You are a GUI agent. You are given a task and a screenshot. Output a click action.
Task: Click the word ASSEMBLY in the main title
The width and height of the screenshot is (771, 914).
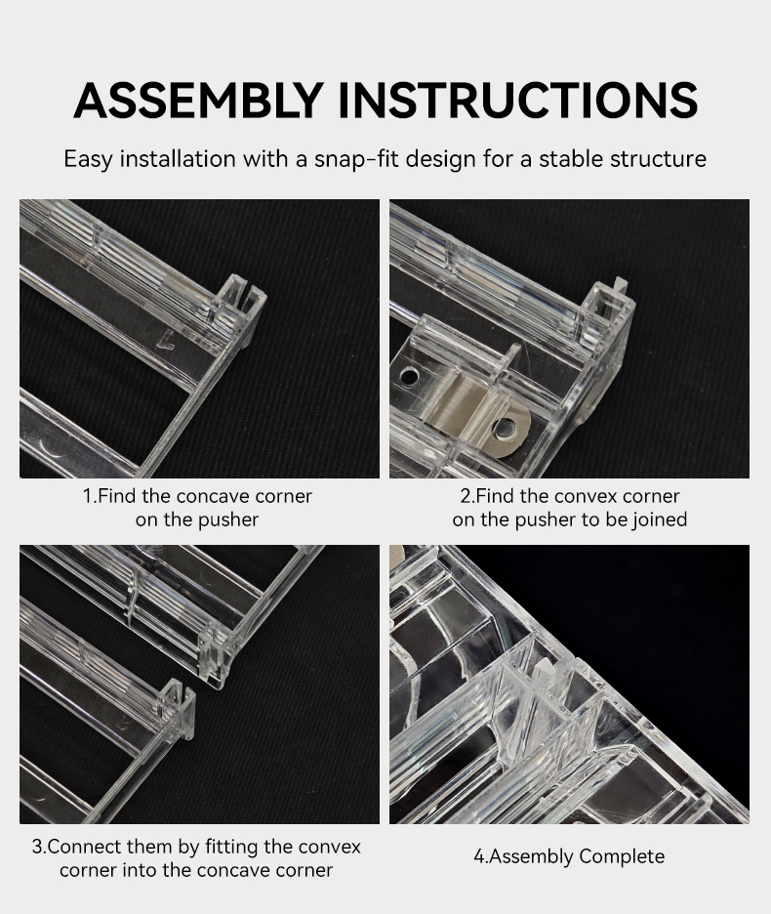pyautogui.click(x=198, y=100)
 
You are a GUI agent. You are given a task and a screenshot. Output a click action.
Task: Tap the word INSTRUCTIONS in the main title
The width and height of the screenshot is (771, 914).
pyautogui.click(x=517, y=100)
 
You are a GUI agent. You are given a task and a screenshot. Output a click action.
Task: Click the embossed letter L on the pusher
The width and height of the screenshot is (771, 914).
pyautogui.click(x=167, y=340)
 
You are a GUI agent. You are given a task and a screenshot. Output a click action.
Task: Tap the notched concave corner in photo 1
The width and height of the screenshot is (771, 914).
pyautogui.click(x=243, y=296)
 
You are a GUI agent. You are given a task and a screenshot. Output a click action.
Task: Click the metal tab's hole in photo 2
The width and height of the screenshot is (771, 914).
pyautogui.click(x=504, y=430)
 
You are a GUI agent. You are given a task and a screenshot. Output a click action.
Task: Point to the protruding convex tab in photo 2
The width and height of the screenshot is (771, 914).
pyautogui.click(x=620, y=285)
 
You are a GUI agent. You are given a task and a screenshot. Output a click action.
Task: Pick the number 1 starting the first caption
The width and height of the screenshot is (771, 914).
pyautogui.click(x=87, y=496)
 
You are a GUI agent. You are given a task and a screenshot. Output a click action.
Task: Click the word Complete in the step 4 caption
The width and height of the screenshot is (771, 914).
pyautogui.click(x=622, y=857)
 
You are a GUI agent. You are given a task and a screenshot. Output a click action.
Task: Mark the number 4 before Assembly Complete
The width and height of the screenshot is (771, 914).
pyautogui.click(x=478, y=857)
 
